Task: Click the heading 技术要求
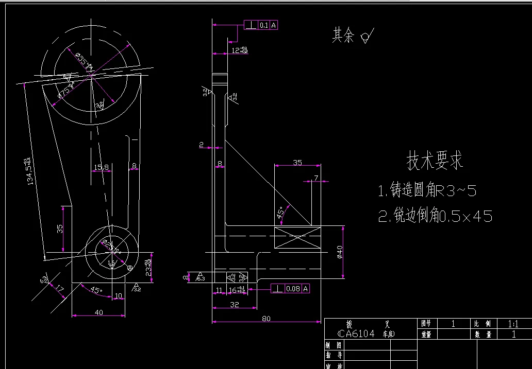tap(435, 161)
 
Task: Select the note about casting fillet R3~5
tap(427, 191)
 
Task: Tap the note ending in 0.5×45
tap(435, 216)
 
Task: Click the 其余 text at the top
tap(343, 35)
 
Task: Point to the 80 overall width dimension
tap(266, 319)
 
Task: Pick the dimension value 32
tap(235, 304)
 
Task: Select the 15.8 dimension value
tap(101, 167)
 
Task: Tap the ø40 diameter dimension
tap(339, 252)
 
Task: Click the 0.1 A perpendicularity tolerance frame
tap(261, 25)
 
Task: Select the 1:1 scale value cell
tap(513, 324)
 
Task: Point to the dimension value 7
tap(316, 178)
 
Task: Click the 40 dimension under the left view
tap(99, 312)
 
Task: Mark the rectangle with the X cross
tap(297, 239)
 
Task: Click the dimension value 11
tap(219, 291)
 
